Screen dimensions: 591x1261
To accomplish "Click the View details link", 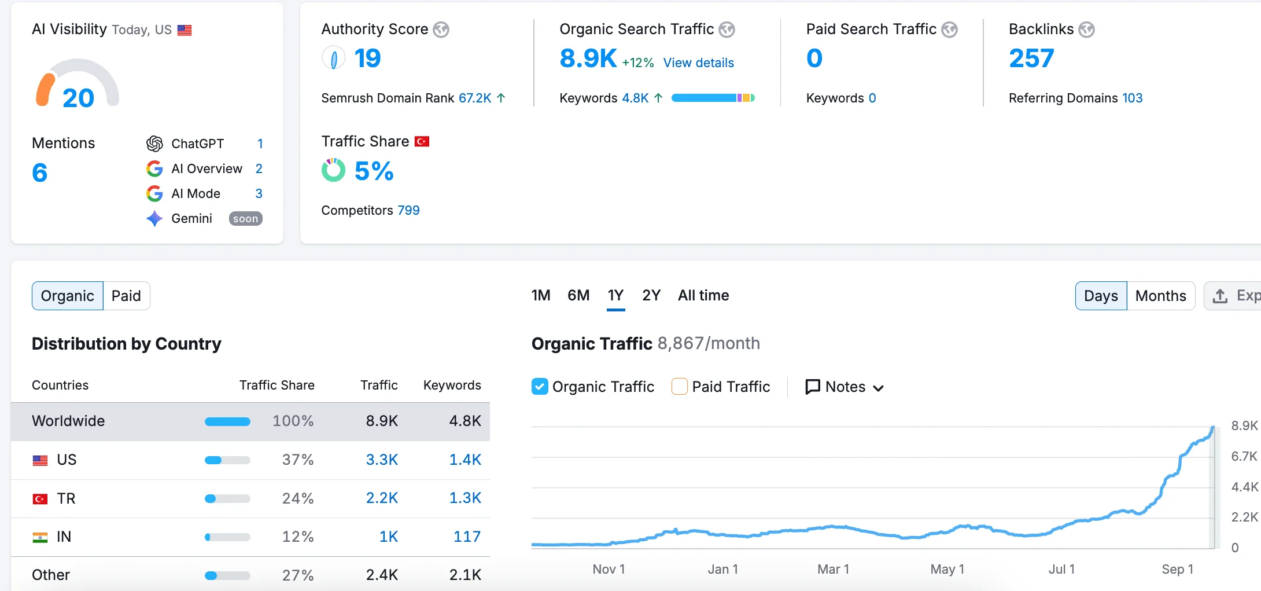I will (698, 63).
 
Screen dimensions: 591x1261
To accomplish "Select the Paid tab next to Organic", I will (126, 296).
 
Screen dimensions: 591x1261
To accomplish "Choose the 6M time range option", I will (578, 295).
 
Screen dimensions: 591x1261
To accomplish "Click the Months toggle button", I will (1160, 296).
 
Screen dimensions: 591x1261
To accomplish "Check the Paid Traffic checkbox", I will (680, 387).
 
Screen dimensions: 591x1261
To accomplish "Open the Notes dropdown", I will (845, 387).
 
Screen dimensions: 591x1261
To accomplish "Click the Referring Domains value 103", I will (1132, 98).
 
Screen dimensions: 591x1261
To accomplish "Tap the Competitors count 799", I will (408, 210).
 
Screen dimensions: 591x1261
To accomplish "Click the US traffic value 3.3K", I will (382, 460).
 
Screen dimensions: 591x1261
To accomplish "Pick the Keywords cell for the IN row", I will (467, 537).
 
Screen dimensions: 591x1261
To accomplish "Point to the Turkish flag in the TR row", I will (40, 498).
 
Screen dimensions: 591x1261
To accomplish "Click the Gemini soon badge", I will (245, 219).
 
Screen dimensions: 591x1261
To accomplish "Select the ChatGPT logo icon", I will (154, 144).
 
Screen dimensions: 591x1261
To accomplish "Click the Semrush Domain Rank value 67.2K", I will (475, 98).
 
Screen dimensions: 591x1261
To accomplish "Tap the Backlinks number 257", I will (1031, 58).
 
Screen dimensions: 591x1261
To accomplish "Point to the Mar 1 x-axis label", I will (833, 569).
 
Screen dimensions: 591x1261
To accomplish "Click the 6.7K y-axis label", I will (1244, 456).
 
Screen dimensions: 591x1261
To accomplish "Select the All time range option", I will (703, 295).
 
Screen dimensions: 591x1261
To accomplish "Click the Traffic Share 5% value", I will (374, 171).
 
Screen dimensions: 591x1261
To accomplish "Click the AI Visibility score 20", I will (78, 98).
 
